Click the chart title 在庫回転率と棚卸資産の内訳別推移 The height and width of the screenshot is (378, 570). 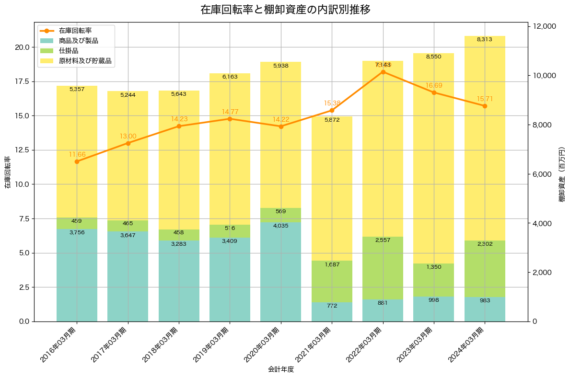pos(285,10)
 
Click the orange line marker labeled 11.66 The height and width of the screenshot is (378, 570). pos(77,161)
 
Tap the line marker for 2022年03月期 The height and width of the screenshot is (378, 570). pos(383,72)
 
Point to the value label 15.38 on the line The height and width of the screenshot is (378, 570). pos(332,103)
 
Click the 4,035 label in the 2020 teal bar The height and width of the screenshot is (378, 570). pos(280,226)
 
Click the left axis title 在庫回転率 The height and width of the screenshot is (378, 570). pos(7,172)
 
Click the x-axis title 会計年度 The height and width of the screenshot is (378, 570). pos(280,369)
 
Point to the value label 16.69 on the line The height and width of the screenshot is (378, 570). pos(434,85)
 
